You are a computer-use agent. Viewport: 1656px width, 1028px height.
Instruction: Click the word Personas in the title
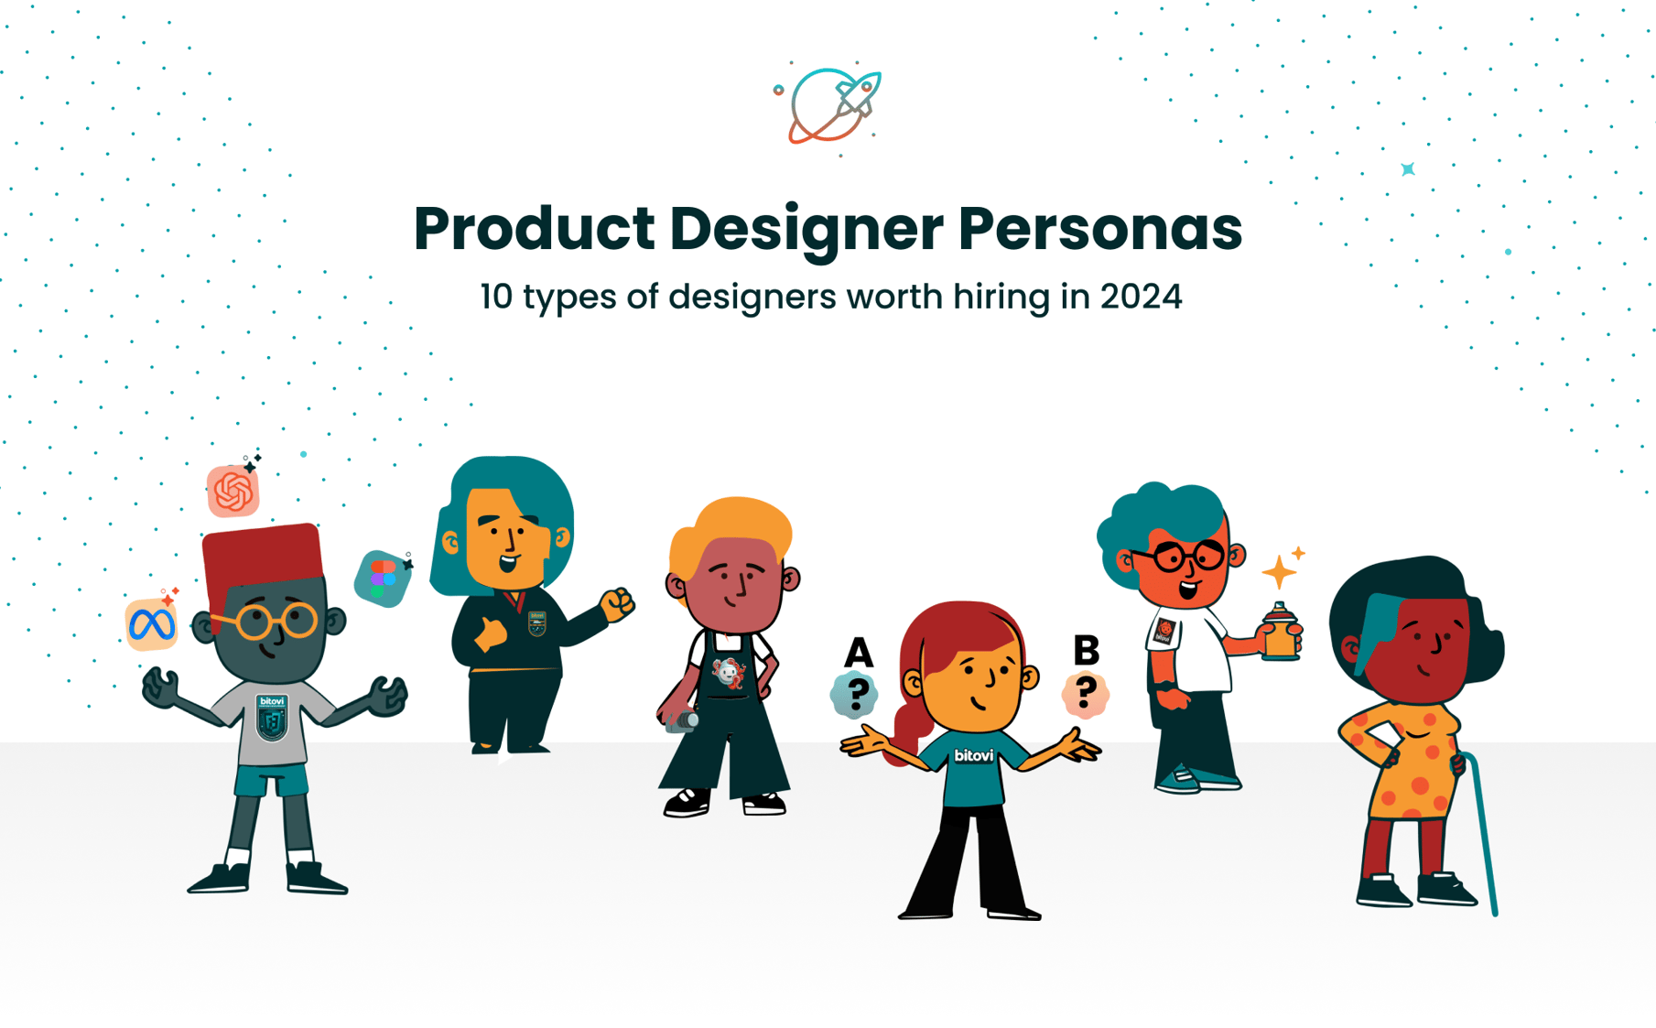click(x=1100, y=229)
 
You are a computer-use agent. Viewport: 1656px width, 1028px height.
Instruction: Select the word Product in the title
click(x=534, y=229)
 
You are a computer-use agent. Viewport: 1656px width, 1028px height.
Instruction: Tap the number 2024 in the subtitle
click(x=1141, y=297)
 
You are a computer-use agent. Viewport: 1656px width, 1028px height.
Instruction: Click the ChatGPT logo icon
click(x=233, y=492)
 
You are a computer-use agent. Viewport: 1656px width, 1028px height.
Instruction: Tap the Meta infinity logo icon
click(x=152, y=625)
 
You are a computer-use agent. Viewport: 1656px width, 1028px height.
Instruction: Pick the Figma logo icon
click(x=383, y=579)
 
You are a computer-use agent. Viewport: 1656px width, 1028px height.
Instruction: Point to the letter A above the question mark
click(x=858, y=653)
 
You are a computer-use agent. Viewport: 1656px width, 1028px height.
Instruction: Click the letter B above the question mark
click(x=1086, y=650)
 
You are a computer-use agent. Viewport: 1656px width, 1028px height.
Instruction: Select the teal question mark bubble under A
click(x=855, y=694)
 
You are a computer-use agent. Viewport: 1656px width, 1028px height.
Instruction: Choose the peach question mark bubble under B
click(x=1086, y=693)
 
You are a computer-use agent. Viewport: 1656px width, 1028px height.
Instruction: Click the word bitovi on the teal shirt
click(x=973, y=755)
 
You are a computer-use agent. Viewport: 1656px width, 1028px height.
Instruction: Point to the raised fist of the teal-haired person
click(x=618, y=603)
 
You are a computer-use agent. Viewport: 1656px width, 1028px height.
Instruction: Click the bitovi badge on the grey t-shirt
click(x=272, y=717)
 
